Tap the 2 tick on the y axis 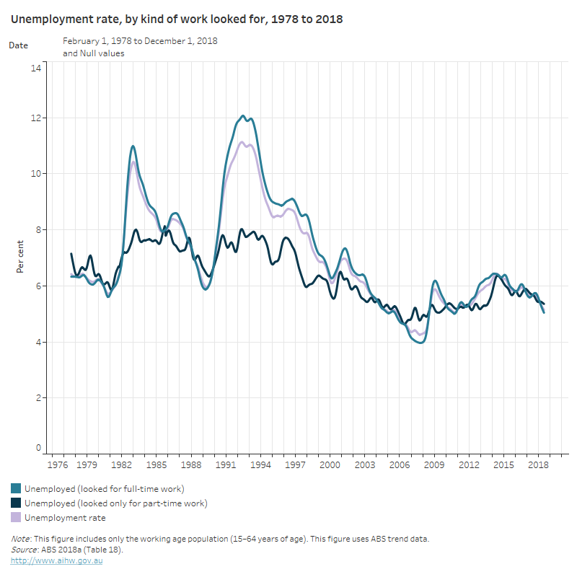(40, 397)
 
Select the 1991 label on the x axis (226, 466)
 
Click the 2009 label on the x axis (435, 466)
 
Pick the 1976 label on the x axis (53, 466)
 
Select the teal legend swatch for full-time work (16, 489)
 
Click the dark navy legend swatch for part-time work (16, 503)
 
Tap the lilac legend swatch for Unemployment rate (16, 518)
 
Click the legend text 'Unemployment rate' (65, 518)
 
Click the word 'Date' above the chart (19, 45)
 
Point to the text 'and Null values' (93, 53)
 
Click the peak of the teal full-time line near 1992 (243, 115)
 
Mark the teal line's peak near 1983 (133, 146)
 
